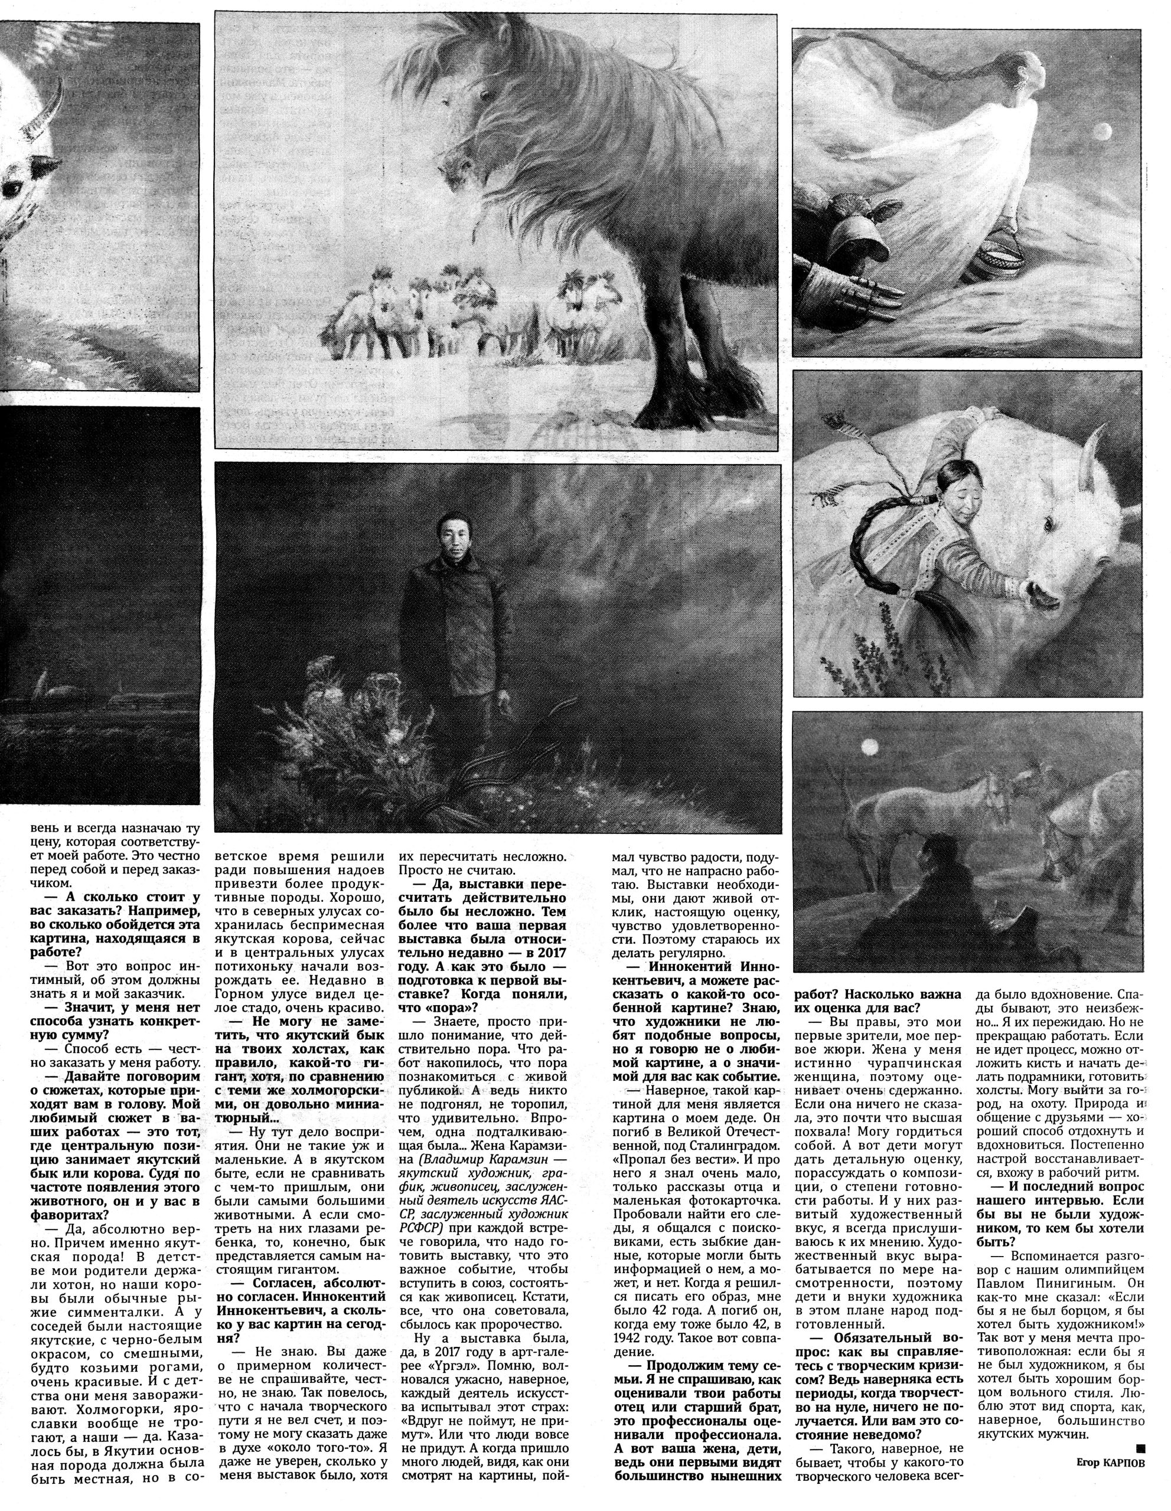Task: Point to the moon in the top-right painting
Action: [x=1102, y=129]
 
